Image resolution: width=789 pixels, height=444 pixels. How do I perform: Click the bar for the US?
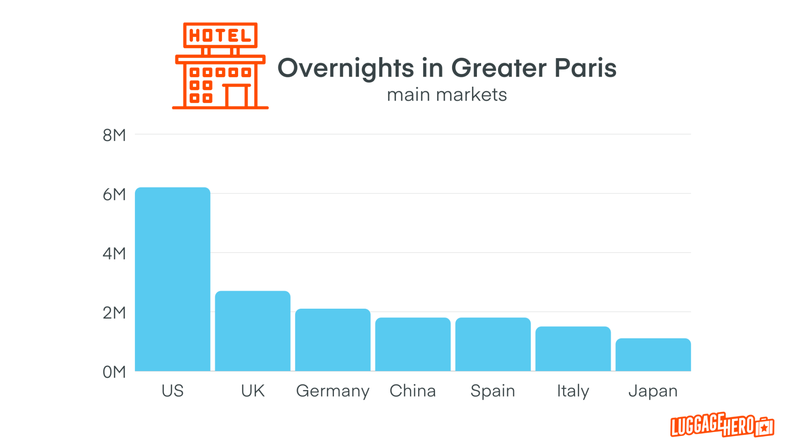173,279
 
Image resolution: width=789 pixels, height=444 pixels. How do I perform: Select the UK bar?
253,331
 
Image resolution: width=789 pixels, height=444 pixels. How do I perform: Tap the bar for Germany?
333,340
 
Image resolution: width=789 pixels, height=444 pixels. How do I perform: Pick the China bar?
413,345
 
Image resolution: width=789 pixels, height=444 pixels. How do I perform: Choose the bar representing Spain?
493,345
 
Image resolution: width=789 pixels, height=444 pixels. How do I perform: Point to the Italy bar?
573,349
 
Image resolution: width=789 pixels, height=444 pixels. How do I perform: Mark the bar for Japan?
653,355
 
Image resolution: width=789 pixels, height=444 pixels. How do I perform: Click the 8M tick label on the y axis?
114,135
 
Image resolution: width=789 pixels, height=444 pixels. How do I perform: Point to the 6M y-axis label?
114,195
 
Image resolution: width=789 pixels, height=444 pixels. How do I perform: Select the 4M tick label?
114,254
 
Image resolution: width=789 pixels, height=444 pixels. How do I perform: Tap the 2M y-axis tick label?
114,313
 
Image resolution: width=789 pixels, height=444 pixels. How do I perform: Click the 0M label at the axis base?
114,372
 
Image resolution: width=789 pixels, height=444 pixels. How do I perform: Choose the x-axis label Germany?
333,391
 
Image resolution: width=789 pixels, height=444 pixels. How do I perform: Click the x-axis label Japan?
653,391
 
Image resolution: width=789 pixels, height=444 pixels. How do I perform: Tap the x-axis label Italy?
573,391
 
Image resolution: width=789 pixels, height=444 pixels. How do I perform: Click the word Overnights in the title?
346,68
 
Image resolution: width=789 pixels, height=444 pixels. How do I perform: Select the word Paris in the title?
586,68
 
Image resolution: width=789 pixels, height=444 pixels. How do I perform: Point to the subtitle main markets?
447,95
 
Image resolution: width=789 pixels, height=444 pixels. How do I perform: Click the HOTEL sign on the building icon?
220,35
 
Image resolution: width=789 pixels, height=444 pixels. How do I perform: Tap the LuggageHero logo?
722,425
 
